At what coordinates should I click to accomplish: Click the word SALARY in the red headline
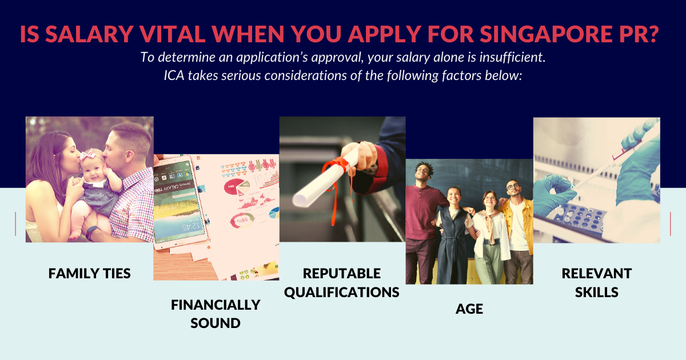pos(89,34)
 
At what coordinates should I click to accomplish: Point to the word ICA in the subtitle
pos(174,75)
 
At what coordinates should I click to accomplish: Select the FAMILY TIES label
pos(89,273)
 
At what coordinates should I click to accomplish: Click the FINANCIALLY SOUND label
pos(216,314)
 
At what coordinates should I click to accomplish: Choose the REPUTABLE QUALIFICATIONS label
pos(342,282)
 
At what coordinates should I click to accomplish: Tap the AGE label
pos(469,309)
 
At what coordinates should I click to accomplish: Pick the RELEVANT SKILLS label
pos(597,282)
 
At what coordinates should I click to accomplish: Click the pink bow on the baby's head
pos(88,154)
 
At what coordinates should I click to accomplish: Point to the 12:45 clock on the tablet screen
pos(191,227)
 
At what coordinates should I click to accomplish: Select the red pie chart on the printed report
pos(234,187)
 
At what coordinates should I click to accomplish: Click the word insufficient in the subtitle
pos(512,57)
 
